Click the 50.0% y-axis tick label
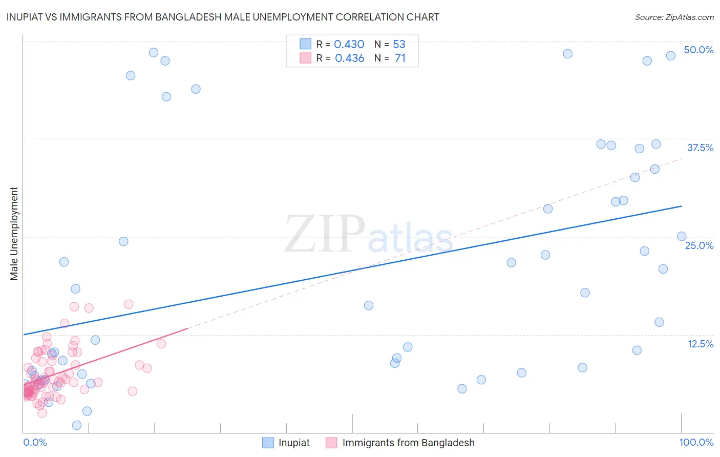[x=698, y=50]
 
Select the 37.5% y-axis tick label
[x=700, y=148]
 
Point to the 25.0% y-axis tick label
[x=698, y=245]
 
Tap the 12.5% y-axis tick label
[x=700, y=344]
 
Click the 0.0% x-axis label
[x=35, y=442]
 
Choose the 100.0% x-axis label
[x=696, y=442]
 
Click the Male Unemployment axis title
[x=14, y=234]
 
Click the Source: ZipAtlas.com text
[x=674, y=17]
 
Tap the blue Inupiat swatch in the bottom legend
[x=268, y=443]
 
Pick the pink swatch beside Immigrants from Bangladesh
[x=331, y=443]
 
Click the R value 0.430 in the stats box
[x=349, y=44]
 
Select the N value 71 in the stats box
[x=400, y=58]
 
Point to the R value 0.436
[x=349, y=58]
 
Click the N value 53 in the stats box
[x=399, y=44]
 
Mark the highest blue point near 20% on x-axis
[x=154, y=52]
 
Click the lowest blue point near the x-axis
[x=77, y=425]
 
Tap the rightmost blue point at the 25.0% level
[x=682, y=236]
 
